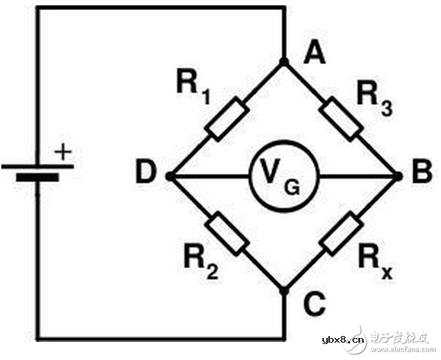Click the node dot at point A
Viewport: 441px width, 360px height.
pyautogui.click(x=284, y=62)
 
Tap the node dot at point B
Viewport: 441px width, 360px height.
pyautogui.click(x=398, y=177)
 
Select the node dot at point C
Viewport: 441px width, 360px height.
pyautogui.click(x=284, y=291)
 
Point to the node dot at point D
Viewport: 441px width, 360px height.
pyautogui.click(x=170, y=177)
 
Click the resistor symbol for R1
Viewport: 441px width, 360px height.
pyautogui.click(x=226, y=119)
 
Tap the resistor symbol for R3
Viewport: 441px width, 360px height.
pyautogui.click(x=341, y=119)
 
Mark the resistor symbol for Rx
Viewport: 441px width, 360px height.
pyautogui.click(x=341, y=234)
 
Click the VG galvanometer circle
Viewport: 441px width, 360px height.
pyautogui.click(x=284, y=177)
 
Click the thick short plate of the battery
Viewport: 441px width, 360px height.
pyautogui.click(x=37, y=177)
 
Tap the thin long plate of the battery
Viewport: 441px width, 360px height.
pyautogui.click(x=37, y=165)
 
